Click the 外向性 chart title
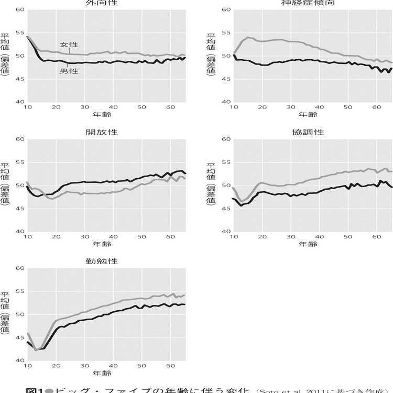point(102,3)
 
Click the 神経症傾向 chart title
point(309,3)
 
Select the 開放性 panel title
point(102,132)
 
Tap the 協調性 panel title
point(309,132)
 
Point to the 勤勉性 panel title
point(102,261)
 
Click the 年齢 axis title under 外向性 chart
point(102,114)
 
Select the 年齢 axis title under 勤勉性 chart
point(102,373)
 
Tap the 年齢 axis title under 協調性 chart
point(309,244)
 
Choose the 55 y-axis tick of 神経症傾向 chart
point(226,32)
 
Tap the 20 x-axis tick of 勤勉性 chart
point(56,366)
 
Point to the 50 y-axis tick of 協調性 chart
point(226,185)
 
